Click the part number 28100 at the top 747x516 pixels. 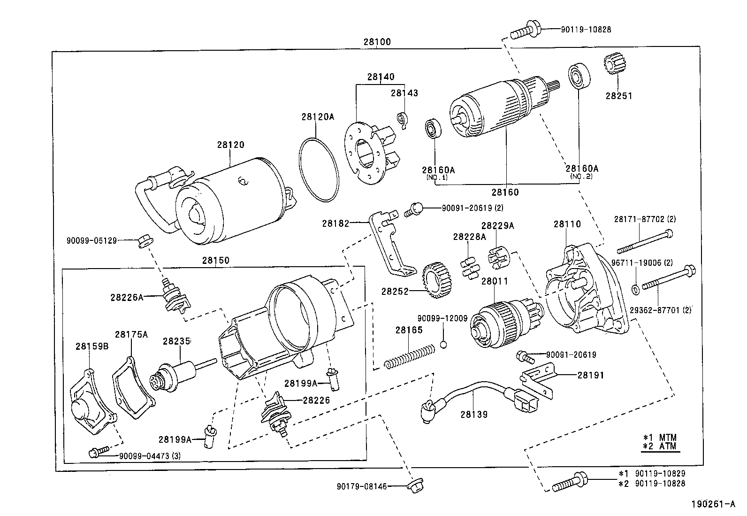point(376,42)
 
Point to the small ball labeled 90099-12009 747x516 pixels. point(443,345)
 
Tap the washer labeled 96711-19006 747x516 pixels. point(636,288)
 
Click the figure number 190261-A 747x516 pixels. point(713,505)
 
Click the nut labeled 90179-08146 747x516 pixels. point(412,486)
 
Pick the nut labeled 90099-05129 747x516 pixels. point(144,241)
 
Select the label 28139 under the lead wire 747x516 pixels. point(473,415)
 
